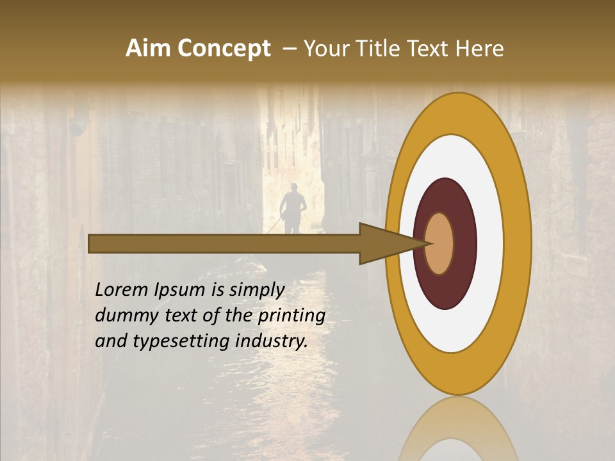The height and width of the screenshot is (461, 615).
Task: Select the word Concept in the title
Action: pos(223,49)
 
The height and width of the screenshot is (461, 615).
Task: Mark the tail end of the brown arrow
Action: pos(90,243)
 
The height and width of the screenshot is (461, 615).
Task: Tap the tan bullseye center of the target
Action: pos(439,244)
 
